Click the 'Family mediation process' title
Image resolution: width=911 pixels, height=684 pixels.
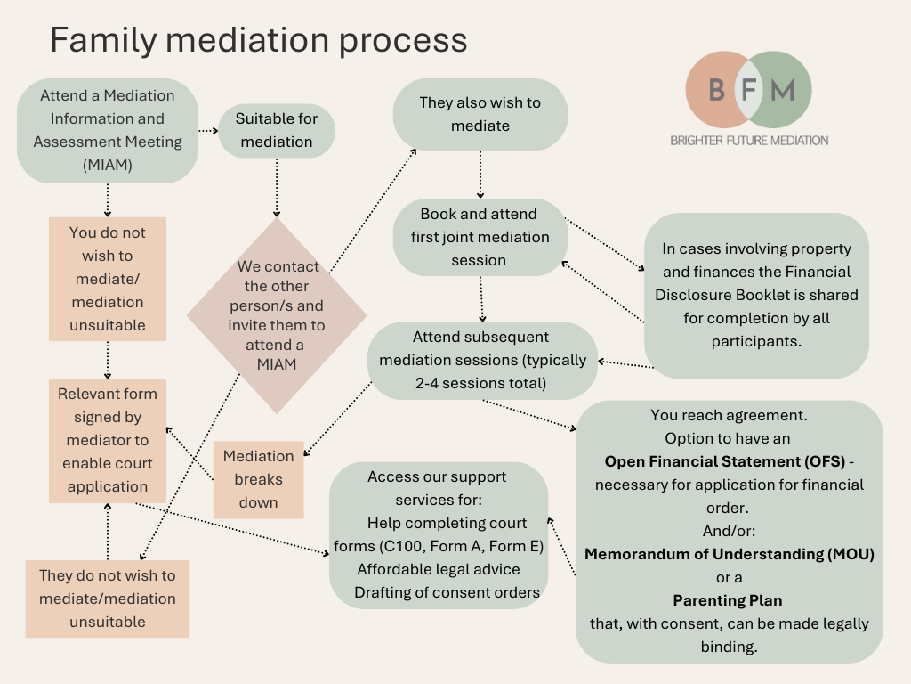(x=257, y=40)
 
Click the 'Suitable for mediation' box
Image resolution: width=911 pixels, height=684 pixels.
(x=276, y=130)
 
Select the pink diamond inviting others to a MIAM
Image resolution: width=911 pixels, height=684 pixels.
(x=276, y=315)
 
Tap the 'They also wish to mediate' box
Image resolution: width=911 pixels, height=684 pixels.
(x=480, y=114)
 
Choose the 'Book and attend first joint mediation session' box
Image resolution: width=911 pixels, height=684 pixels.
(x=480, y=237)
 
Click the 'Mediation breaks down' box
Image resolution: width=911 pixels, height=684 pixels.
(x=258, y=479)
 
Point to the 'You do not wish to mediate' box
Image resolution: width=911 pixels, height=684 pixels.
(x=108, y=279)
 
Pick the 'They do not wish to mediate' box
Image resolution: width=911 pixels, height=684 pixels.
(x=108, y=598)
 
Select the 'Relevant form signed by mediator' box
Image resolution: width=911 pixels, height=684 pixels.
(x=108, y=440)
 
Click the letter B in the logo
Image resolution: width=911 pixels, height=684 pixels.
(x=716, y=90)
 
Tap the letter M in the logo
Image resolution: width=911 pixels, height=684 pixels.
(x=782, y=90)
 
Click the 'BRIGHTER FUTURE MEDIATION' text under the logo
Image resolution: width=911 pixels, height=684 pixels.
(x=749, y=141)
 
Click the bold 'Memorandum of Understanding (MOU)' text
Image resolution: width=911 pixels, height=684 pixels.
(x=729, y=554)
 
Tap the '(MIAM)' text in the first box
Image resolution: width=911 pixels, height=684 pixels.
(x=108, y=164)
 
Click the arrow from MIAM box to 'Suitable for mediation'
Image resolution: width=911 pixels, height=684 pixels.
(x=207, y=130)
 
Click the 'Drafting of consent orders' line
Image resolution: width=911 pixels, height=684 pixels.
(x=447, y=592)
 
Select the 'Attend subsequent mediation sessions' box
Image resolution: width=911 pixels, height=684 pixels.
(x=482, y=361)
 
